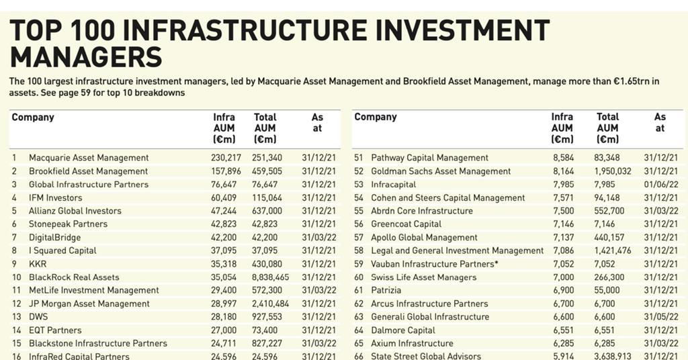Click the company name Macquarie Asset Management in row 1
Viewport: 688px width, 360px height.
(x=89, y=158)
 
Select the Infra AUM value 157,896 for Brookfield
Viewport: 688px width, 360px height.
(x=226, y=171)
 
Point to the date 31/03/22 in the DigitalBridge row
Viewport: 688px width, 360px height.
(x=319, y=238)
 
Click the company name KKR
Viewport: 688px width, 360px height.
(x=38, y=264)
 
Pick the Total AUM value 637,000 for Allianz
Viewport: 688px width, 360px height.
(x=268, y=211)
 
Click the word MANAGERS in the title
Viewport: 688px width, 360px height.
(x=86, y=58)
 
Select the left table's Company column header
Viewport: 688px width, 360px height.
(x=33, y=118)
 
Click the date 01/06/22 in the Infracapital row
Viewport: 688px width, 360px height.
(x=660, y=185)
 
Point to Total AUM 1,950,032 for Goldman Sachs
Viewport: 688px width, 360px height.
(x=608, y=171)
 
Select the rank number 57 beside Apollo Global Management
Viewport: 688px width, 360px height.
(x=359, y=238)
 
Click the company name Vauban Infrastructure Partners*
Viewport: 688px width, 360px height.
(x=435, y=264)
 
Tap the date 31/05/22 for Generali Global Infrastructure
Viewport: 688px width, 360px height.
(x=660, y=317)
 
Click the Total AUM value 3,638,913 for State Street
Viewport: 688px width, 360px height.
(x=608, y=356)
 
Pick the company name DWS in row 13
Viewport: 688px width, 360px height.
(x=39, y=317)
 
